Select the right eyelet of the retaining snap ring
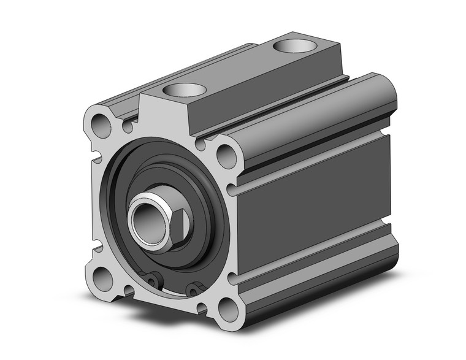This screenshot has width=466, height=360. (195, 286)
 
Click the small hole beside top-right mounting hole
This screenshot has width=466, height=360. (201, 145)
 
